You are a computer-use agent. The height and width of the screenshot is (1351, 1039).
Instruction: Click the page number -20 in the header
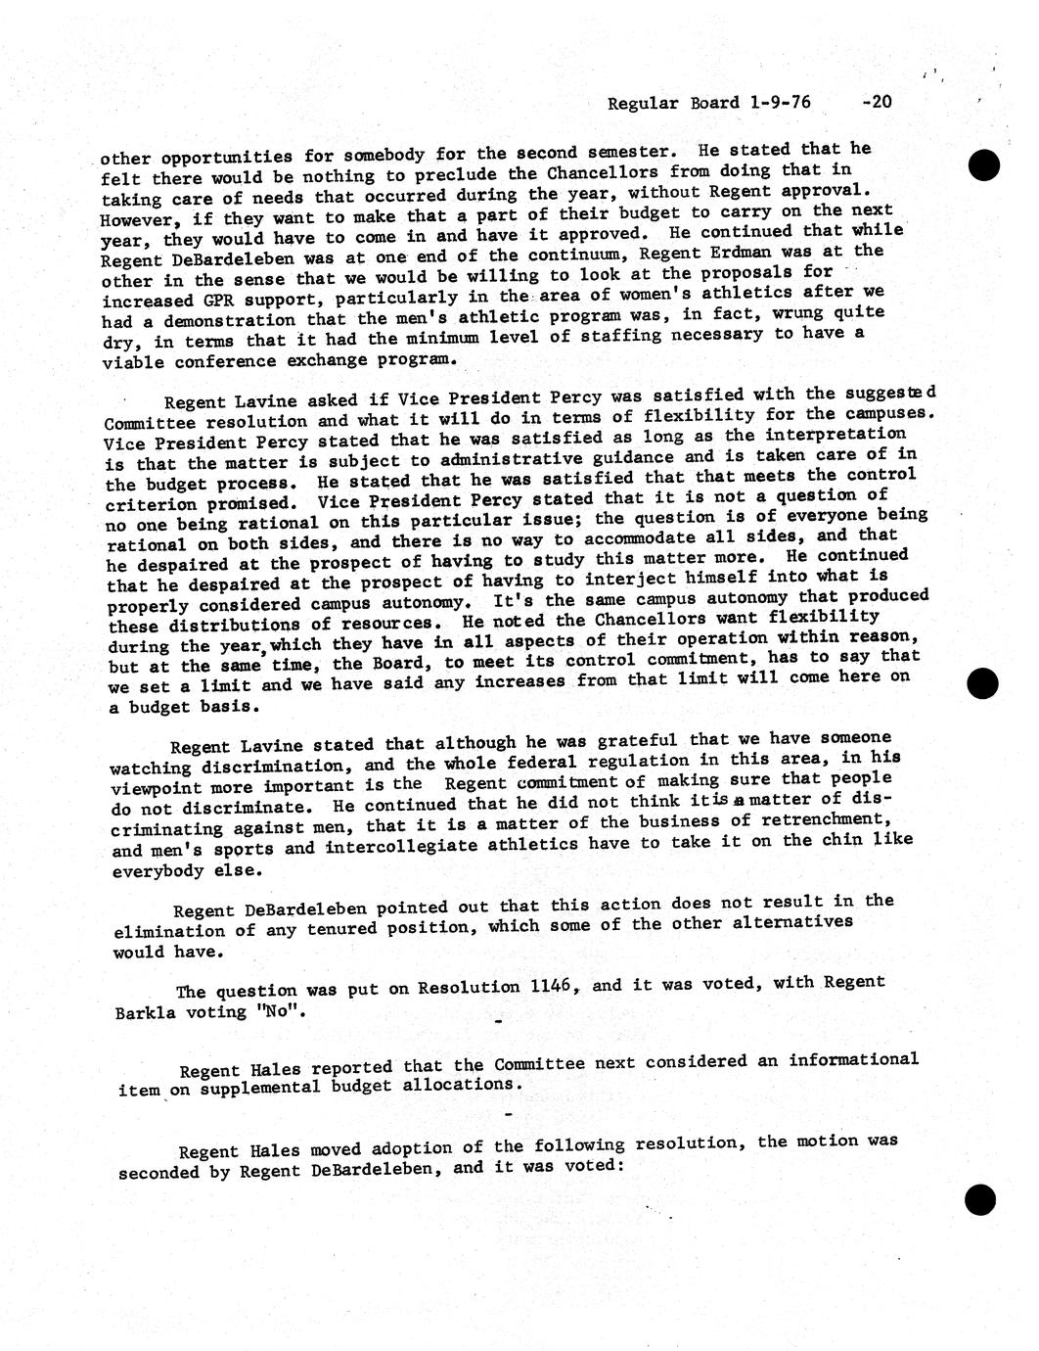[x=877, y=101]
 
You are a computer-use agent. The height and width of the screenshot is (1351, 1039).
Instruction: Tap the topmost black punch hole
[x=983, y=164]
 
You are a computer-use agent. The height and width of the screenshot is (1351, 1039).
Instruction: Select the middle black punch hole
[x=983, y=684]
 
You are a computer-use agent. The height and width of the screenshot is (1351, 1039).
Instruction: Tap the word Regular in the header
[x=641, y=103]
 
